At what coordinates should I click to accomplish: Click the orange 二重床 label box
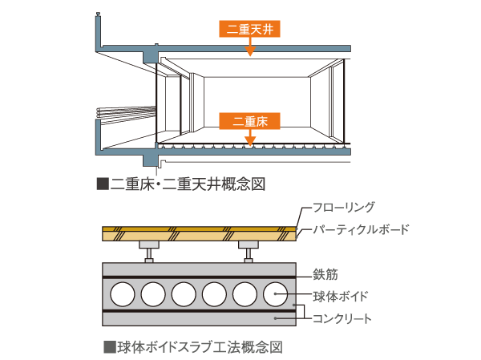coord(249,122)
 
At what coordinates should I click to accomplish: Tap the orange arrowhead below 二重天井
coord(250,51)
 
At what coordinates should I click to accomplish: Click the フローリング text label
coord(342,207)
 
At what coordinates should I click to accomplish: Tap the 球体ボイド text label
coord(341,296)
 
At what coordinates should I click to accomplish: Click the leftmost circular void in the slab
coord(123,296)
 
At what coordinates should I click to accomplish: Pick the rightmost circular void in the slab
coord(275,296)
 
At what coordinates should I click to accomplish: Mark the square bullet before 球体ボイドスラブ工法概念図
coord(109,348)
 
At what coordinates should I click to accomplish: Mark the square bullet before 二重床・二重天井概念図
coord(102,184)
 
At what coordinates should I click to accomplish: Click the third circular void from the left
coord(184,296)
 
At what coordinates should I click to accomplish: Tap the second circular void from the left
coord(153,296)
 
